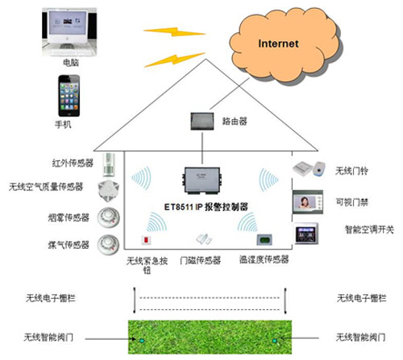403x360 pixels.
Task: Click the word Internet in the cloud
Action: pyautogui.click(x=278, y=43)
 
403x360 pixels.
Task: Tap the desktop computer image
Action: pyautogui.click(x=69, y=32)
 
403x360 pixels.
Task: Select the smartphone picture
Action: pyautogui.click(x=69, y=96)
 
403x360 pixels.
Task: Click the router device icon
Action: pyautogui.click(x=202, y=122)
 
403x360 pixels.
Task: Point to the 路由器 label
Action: pyautogui.click(x=235, y=122)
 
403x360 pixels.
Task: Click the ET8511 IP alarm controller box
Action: pyautogui.click(x=202, y=180)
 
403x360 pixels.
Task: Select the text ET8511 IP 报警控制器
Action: pyautogui.click(x=206, y=207)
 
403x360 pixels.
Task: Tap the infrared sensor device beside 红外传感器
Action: pyautogui.click(x=110, y=165)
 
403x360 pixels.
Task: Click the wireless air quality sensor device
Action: pyautogui.click(x=108, y=191)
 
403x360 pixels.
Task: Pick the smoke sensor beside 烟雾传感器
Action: pyautogui.click(x=108, y=217)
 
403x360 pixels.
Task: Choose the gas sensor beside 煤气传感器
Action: pyautogui.click(x=108, y=245)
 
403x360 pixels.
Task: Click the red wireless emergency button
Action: pyautogui.click(x=146, y=240)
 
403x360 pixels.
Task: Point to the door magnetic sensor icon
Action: pyautogui.click(x=203, y=239)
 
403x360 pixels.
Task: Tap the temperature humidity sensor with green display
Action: pyautogui.click(x=264, y=239)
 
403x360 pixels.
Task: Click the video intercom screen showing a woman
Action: pyautogui.click(x=308, y=202)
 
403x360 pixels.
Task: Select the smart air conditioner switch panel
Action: pyautogui.click(x=306, y=234)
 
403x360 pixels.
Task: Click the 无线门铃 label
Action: pyautogui.click(x=351, y=171)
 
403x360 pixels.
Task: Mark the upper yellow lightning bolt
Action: pyautogui.click(x=175, y=32)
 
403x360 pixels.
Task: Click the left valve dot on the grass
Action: pyautogui.click(x=142, y=341)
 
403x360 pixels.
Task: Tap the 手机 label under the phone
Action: pyautogui.click(x=63, y=124)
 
